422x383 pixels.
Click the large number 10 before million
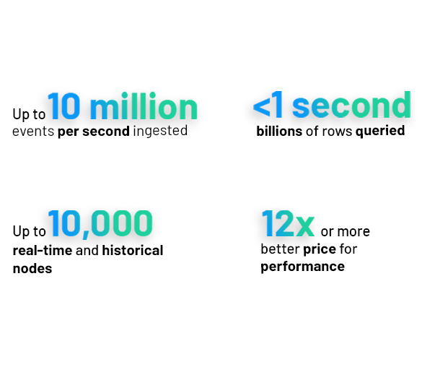click(x=64, y=106)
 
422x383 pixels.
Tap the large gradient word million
click(x=144, y=106)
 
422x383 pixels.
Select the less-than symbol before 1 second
click(x=262, y=107)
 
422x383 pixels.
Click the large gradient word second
click(x=351, y=105)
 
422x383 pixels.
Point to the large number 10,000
click(x=100, y=224)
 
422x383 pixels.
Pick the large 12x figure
click(x=288, y=223)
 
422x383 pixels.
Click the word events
click(x=33, y=132)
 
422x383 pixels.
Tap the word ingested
click(x=160, y=132)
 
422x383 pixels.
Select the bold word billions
click(x=279, y=132)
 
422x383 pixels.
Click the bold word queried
click(x=380, y=132)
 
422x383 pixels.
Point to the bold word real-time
click(x=43, y=250)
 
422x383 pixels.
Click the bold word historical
click(x=133, y=250)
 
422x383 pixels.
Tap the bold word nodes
click(x=32, y=268)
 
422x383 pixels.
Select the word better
click(x=280, y=249)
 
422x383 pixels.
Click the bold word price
click(x=320, y=249)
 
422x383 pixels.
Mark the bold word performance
click(x=302, y=267)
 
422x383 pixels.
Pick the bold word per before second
click(x=69, y=132)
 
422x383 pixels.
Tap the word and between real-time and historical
click(x=87, y=250)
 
